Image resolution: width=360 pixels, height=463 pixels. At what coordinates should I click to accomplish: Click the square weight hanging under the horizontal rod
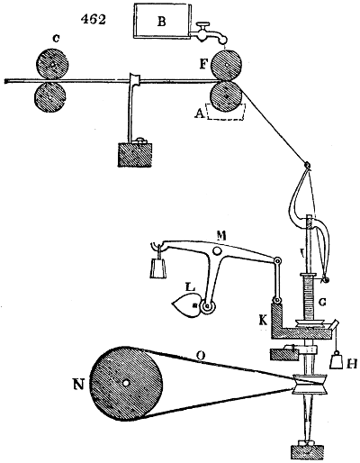click(x=138, y=160)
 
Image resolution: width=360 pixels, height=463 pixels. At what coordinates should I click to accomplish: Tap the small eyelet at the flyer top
click(x=307, y=164)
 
